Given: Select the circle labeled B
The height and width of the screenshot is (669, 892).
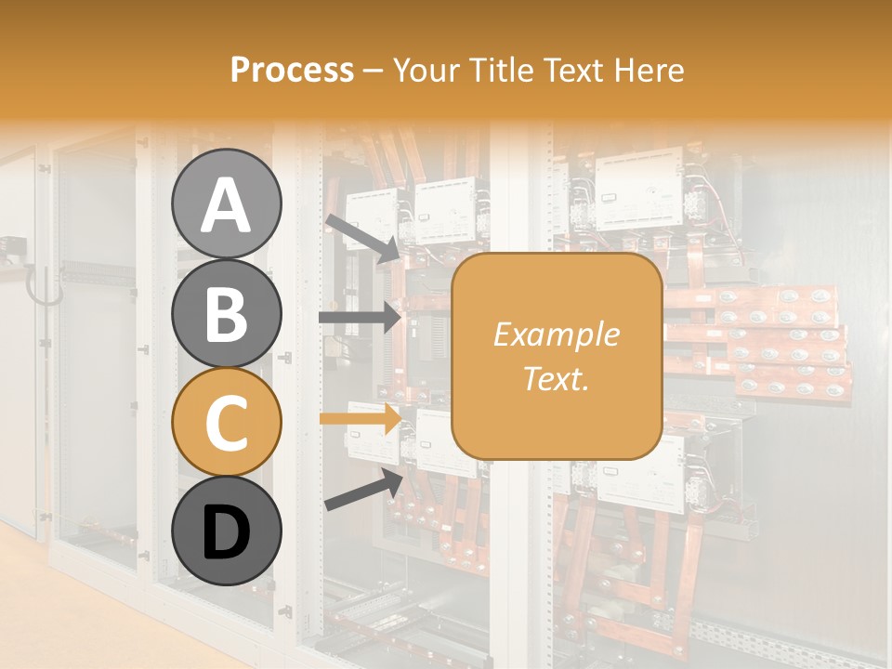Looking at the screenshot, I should [227, 313].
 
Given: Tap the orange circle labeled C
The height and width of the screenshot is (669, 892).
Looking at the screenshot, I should [227, 423].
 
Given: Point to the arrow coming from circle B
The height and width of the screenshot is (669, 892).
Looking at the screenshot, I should [360, 318].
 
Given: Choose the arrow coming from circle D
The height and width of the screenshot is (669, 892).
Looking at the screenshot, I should [363, 490].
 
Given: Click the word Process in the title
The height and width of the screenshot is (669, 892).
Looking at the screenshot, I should [292, 71].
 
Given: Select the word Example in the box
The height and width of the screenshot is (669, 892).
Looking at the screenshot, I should [556, 334].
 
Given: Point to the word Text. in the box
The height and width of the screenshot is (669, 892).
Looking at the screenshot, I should [556, 379].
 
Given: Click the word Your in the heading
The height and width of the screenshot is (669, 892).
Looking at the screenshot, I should [424, 71].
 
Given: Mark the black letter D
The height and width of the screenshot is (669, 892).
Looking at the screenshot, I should [227, 533].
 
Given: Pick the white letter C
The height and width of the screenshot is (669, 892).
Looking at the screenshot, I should [227, 423].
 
